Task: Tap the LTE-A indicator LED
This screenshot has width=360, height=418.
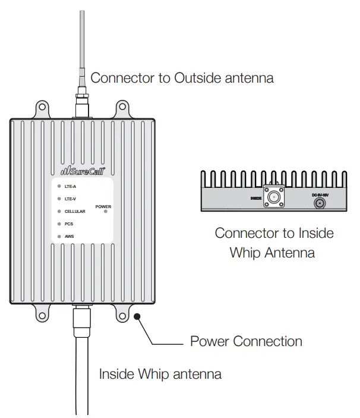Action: click(59, 186)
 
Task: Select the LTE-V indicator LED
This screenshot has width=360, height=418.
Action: click(59, 199)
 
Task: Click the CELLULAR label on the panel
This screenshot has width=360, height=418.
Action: click(75, 211)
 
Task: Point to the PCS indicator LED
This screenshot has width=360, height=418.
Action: click(59, 224)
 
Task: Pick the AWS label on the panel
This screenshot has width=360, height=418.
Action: click(69, 236)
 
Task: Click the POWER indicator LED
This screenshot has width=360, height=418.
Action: click(105, 211)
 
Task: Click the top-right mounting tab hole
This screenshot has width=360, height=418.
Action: click(122, 108)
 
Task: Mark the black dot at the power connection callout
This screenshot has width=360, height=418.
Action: click(138, 316)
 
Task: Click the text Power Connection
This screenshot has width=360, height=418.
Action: click(246, 341)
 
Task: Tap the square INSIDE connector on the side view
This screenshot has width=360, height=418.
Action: click(274, 197)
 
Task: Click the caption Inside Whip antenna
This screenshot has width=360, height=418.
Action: click(160, 374)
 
